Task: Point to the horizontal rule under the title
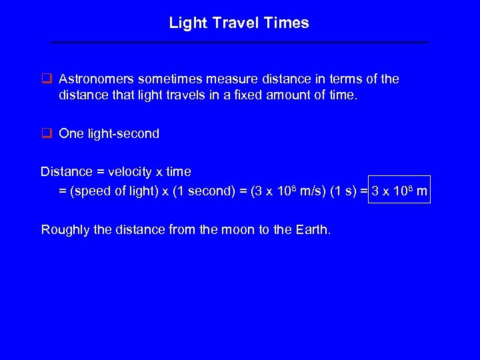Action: [240, 43]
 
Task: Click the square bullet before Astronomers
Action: [47, 79]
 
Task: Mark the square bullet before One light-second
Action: [47, 133]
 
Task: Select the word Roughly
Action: [65, 230]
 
